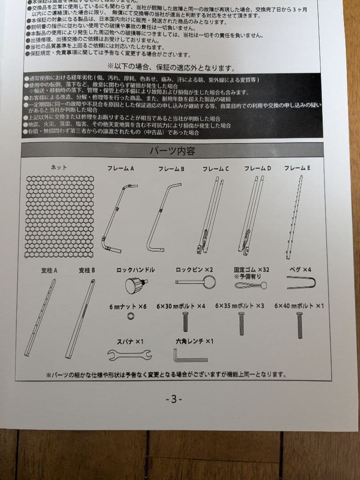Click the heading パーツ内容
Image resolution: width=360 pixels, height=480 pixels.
click(x=172, y=151)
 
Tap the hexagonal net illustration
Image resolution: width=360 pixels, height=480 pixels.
click(x=60, y=216)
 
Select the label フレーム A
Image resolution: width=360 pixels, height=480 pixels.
click(x=120, y=169)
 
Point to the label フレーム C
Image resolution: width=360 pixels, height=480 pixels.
click(x=216, y=169)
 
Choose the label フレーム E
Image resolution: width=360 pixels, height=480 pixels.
click(x=297, y=168)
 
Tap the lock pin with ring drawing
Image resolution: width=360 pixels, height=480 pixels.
click(x=196, y=282)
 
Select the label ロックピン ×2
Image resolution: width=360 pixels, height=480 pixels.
click(x=194, y=270)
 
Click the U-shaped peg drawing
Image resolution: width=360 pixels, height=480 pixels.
click(x=301, y=283)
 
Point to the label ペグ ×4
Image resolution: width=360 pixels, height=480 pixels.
click(x=300, y=270)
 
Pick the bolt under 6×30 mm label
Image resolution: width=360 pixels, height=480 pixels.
click(x=185, y=321)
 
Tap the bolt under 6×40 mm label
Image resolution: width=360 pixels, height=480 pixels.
click(x=300, y=325)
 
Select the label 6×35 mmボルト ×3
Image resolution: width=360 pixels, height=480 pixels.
click(x=240, y=306)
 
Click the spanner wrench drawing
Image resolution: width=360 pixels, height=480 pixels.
click(x=129, y=355)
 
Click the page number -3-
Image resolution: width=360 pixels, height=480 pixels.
click(x=173, y=399)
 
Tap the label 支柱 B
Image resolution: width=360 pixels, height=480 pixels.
click(x=87, y=270)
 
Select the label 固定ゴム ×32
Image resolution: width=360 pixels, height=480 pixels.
click(x=252, y=270)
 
